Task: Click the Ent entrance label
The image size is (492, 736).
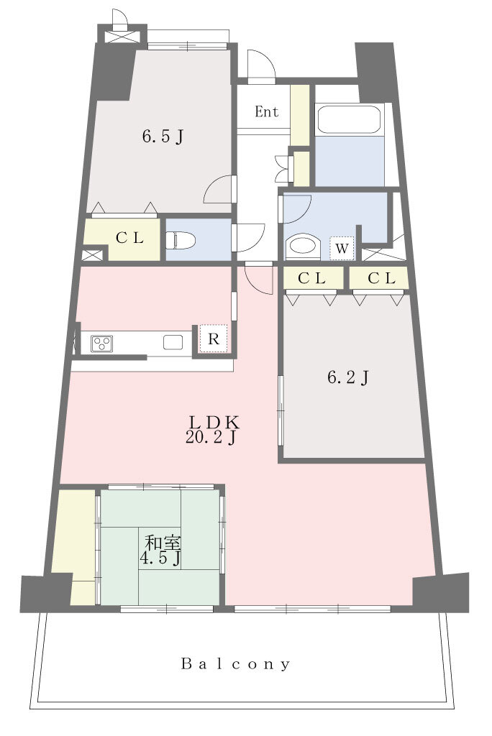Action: click(266, 111)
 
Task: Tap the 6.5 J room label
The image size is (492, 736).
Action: click(163, 137)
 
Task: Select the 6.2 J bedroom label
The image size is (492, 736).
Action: click(347, 377)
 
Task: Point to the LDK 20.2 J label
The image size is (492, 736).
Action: click(212, 429)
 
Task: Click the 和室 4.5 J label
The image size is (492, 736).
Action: click(161, 551)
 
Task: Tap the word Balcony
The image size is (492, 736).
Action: click(235, 663)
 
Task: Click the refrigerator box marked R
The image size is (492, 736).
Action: click(214, 339)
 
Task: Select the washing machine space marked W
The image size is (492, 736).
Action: click(342, 248)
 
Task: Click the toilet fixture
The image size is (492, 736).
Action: click(181, 241)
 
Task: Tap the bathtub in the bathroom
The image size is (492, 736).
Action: click(349, 120)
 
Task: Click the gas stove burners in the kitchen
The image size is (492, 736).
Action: click(101, 343)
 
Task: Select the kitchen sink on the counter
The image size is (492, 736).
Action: click(173, 342)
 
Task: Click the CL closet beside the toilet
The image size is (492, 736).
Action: click(129, 238)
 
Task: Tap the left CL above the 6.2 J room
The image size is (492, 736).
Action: click(312, 278)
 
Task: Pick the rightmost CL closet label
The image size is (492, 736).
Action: click(381, 278)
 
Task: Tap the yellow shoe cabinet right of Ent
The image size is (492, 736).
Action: click(299, 116)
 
